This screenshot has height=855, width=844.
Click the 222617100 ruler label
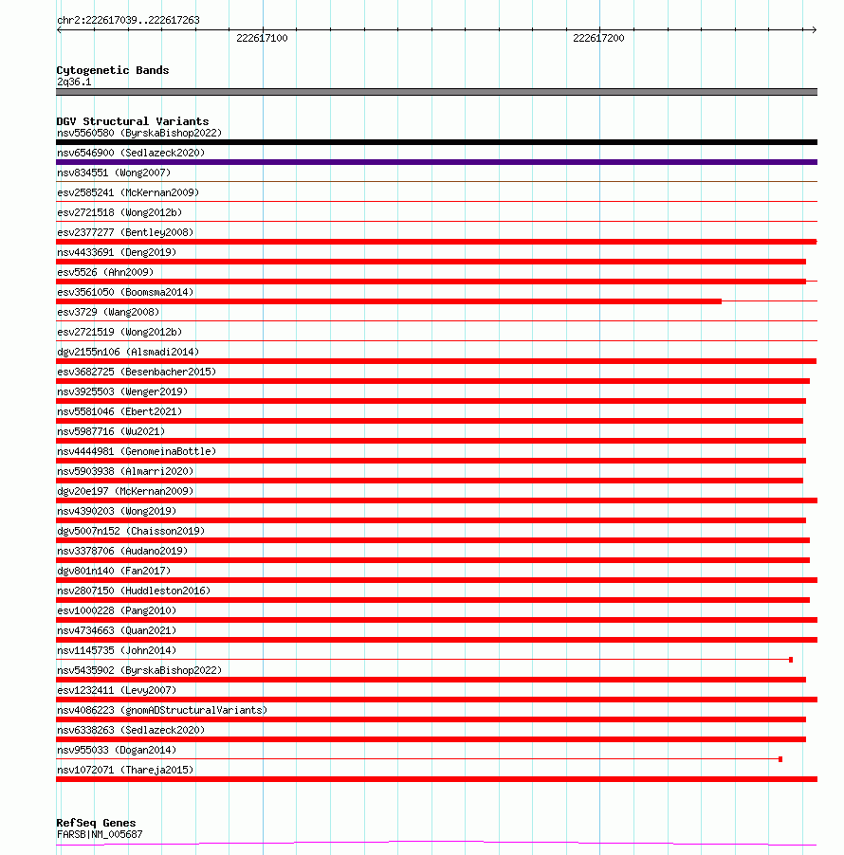coord(262,38)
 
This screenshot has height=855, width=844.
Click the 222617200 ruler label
coord(598,38)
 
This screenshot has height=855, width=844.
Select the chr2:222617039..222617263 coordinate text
coord(128,20)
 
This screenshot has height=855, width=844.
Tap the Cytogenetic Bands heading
coord(112,70)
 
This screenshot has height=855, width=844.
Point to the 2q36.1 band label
coord(74,82)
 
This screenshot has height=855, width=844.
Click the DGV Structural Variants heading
coord(132,121)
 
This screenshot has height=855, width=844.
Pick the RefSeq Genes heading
coord(96,823)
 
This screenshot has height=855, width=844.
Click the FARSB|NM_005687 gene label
coord(100,834)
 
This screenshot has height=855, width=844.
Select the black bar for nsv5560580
coord(436,142)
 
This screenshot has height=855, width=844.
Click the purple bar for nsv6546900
coord(436,162)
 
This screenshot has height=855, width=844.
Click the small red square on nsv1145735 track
coord(791,660)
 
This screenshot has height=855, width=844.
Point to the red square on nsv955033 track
coord(780,759)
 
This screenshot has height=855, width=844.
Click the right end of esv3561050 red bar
coord(719,301)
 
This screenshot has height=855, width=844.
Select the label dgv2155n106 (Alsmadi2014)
coord(128,352)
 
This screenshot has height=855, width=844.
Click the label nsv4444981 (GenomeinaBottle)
coord(136,451)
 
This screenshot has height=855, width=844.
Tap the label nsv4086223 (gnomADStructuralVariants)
coord(161,710)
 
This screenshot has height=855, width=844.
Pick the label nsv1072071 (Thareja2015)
coord(125,770)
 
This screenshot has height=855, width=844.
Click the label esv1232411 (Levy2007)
coord(116,690)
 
